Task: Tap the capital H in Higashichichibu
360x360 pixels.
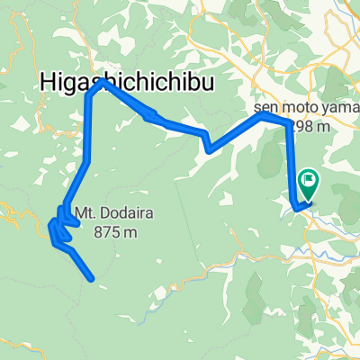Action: (x=48, y=82)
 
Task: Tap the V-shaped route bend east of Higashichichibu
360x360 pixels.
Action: (x=208, y=149)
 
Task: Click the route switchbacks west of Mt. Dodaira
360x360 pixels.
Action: (x=59, y=225)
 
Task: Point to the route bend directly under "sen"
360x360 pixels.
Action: (x=262, y=114)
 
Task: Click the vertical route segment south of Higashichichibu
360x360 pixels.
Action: (x=88, y=126)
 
